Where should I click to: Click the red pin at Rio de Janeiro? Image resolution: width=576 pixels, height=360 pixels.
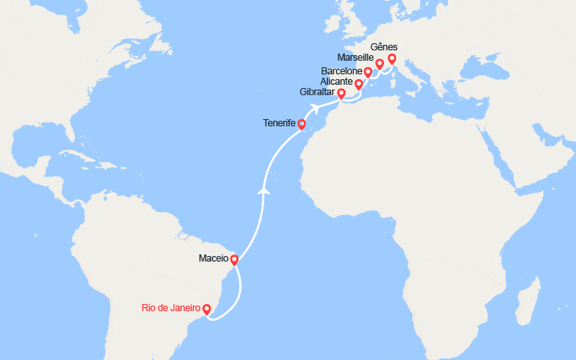coord(207,309)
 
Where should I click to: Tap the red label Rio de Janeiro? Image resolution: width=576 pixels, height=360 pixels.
coord(170,308)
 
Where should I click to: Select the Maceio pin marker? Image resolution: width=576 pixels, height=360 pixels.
coord(234,260)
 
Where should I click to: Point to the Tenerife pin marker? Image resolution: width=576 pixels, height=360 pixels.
coord(302,124)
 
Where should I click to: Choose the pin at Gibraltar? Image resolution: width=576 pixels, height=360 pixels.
coord(342,94)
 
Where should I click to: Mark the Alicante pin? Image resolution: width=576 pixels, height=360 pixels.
coord(358,83)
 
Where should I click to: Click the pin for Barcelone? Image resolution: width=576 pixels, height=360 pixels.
coord(368,73)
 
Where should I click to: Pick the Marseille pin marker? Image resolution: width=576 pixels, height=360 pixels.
coord(379,63)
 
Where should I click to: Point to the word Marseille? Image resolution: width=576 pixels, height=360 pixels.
coord(357,58)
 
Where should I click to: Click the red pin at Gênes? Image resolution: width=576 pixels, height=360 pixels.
coord(391,59)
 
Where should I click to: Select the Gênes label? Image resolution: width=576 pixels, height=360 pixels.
coord(385,46)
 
